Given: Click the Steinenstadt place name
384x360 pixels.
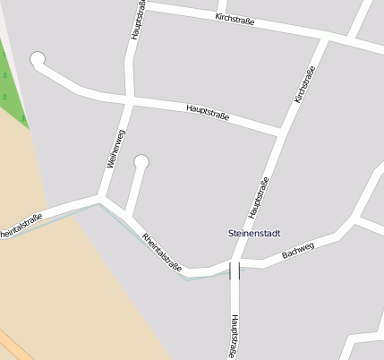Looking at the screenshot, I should [x=255, y=234].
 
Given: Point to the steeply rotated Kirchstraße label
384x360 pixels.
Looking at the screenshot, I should [x=305, y=85].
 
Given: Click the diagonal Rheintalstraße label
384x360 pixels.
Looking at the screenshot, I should [x=162, y=252].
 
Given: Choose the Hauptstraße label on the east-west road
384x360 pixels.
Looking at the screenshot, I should [x=208, y=113].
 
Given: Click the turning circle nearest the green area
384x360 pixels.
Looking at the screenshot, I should [x=38, y=60].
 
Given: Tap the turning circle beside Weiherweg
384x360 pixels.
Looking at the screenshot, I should [x=141, y=162].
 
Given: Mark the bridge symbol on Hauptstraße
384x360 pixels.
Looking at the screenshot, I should [x=235, y=270].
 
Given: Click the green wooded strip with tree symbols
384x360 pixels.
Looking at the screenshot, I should [x=13, y=90].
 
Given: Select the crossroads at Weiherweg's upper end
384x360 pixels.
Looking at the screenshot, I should [x=131, y=98].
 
